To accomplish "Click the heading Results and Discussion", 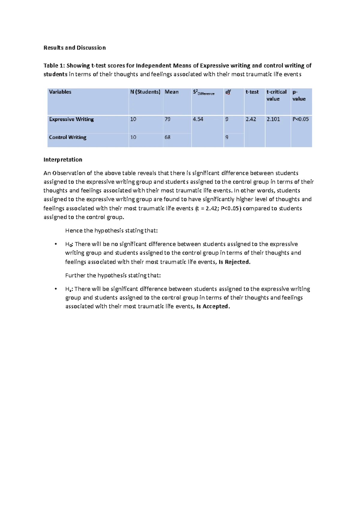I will click(x=74, y=48).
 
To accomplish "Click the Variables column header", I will click(x=60, y=92).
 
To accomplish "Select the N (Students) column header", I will click(x=145, y=92).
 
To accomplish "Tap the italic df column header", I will click(x=228, y=92).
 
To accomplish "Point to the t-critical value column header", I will click(x=276, y=95).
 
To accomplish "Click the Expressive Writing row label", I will click(x=71, y=119).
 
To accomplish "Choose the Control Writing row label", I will click(x=67, y=137).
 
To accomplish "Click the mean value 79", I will click(x=167, y=119).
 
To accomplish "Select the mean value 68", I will click(x=167, y=137).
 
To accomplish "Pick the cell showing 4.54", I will click(x=198, y=119).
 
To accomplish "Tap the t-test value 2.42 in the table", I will click(x=251, y=119).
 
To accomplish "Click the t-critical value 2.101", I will click(x=273, y=119).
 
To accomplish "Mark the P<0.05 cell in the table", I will click(x=300, y=119).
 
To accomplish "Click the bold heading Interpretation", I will click(x=63, y=160).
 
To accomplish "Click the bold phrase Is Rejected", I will click(x=234, y=262).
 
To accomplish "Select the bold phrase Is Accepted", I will click(x=213, y=306).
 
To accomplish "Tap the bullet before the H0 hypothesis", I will click(x=56, y=244).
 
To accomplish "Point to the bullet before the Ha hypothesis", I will click(x=56, y=289).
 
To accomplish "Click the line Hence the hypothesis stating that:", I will click(x=111, y=231).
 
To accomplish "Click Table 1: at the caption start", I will click(x=54, y=66).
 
